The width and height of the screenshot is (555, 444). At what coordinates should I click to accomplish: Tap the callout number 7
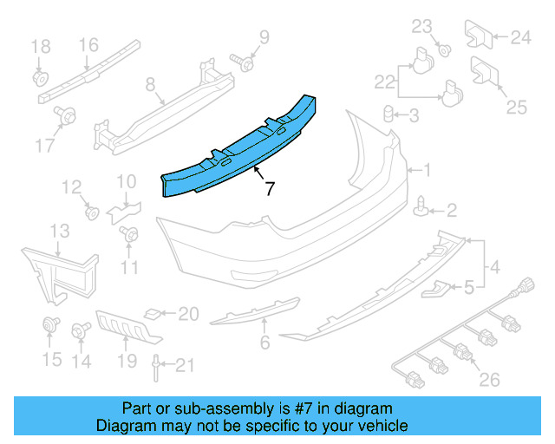click(269, 187)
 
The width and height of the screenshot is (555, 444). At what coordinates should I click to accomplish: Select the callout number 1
click(424, 170)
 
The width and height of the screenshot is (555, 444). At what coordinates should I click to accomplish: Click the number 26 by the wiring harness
click(489, 379)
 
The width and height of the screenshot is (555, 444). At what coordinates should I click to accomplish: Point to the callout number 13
click(59, 231)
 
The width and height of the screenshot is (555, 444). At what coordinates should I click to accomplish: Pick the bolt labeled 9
click(244, 62)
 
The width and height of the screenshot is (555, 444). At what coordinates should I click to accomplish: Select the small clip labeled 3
click(390, 114)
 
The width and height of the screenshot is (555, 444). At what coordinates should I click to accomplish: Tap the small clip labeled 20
click(152, 313)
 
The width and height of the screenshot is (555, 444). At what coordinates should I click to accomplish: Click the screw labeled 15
click(49, 326)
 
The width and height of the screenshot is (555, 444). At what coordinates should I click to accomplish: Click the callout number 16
click(89, 45)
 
